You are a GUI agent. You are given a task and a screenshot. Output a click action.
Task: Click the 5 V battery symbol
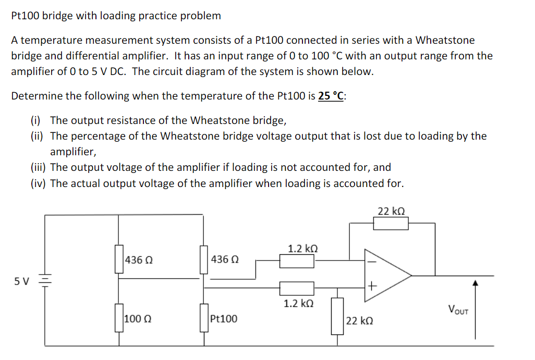pos(45,281)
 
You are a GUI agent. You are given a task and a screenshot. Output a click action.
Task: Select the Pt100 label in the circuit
pos(224,319)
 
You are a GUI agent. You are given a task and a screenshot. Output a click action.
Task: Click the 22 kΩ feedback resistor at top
pos(391,224)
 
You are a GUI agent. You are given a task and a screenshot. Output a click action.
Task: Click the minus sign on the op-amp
pos(371,262)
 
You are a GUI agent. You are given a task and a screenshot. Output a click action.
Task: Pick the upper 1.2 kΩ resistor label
pos(302,249)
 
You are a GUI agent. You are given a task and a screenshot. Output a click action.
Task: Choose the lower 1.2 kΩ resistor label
pos(298,303)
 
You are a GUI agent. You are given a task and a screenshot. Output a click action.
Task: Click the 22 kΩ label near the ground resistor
pos(359,320)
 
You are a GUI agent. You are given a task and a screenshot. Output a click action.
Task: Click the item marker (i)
pos(35,121)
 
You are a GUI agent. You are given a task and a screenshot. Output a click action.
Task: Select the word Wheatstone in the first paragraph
pos(445,40)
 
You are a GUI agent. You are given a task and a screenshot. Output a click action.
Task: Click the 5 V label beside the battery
pos(22,281)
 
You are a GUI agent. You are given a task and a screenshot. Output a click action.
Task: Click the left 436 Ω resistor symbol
pos(119,259)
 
